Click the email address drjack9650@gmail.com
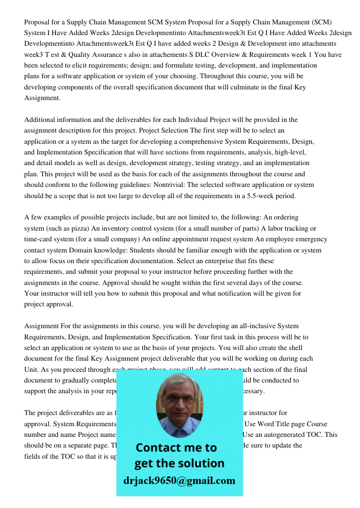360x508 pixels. coord(179,481)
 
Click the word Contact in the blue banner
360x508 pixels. coord(158,448)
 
